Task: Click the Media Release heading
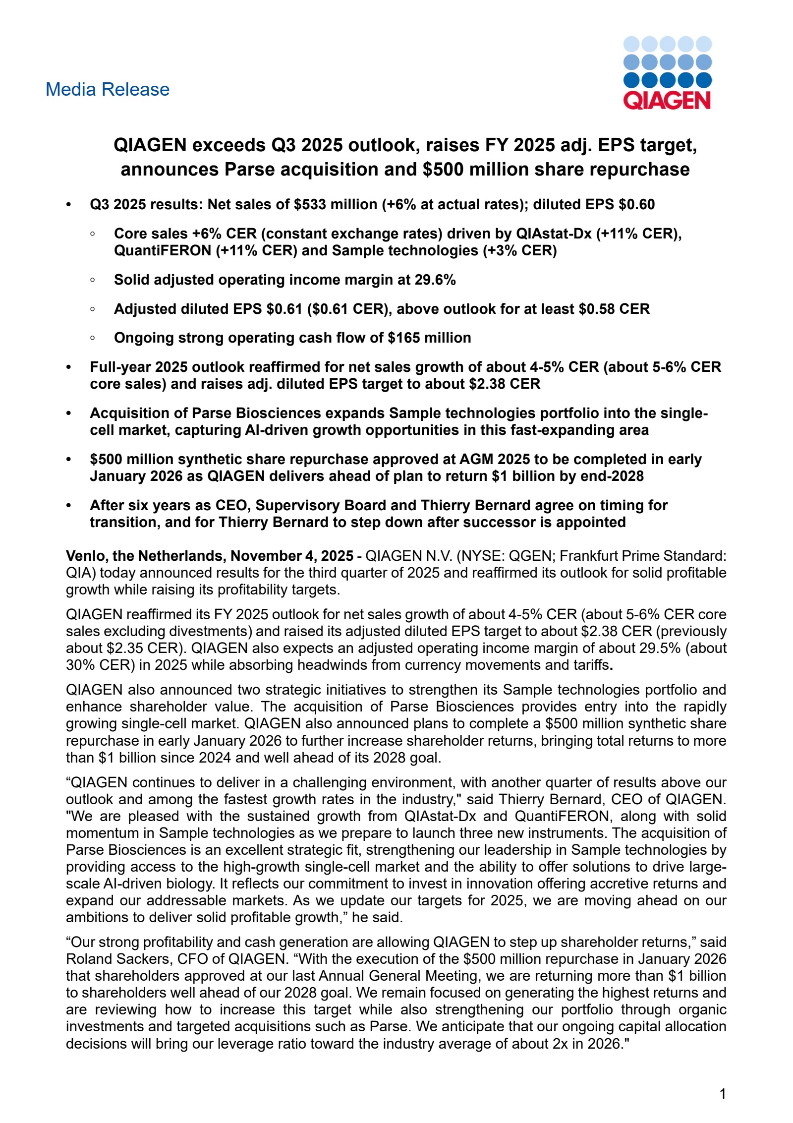107,90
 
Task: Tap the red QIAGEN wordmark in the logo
667,101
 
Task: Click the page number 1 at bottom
723,1093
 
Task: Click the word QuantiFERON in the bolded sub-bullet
163,251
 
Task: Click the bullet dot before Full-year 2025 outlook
69,367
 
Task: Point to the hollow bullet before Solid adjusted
93,280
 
